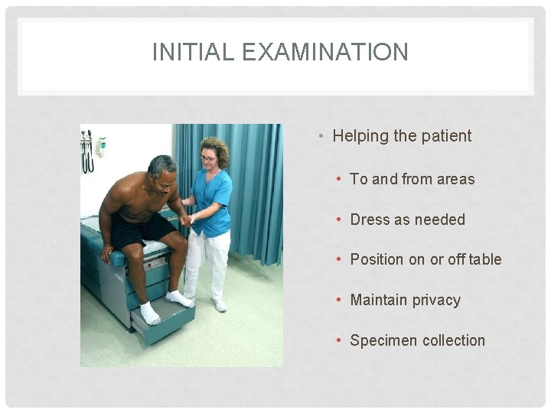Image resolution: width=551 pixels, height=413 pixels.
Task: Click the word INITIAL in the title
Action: pyautogui.click(x=184, y=52)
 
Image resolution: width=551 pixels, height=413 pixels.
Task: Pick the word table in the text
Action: pyautogui.click(x=485, y=259)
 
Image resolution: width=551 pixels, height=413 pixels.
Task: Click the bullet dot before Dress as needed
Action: pyautogui.click(x=339, y=220)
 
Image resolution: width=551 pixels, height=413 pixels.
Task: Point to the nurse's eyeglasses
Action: pyautogui.click(x=207, y=158)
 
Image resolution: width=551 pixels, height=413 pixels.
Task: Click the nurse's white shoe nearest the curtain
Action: pyautogui.click(x=220, y=304)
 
